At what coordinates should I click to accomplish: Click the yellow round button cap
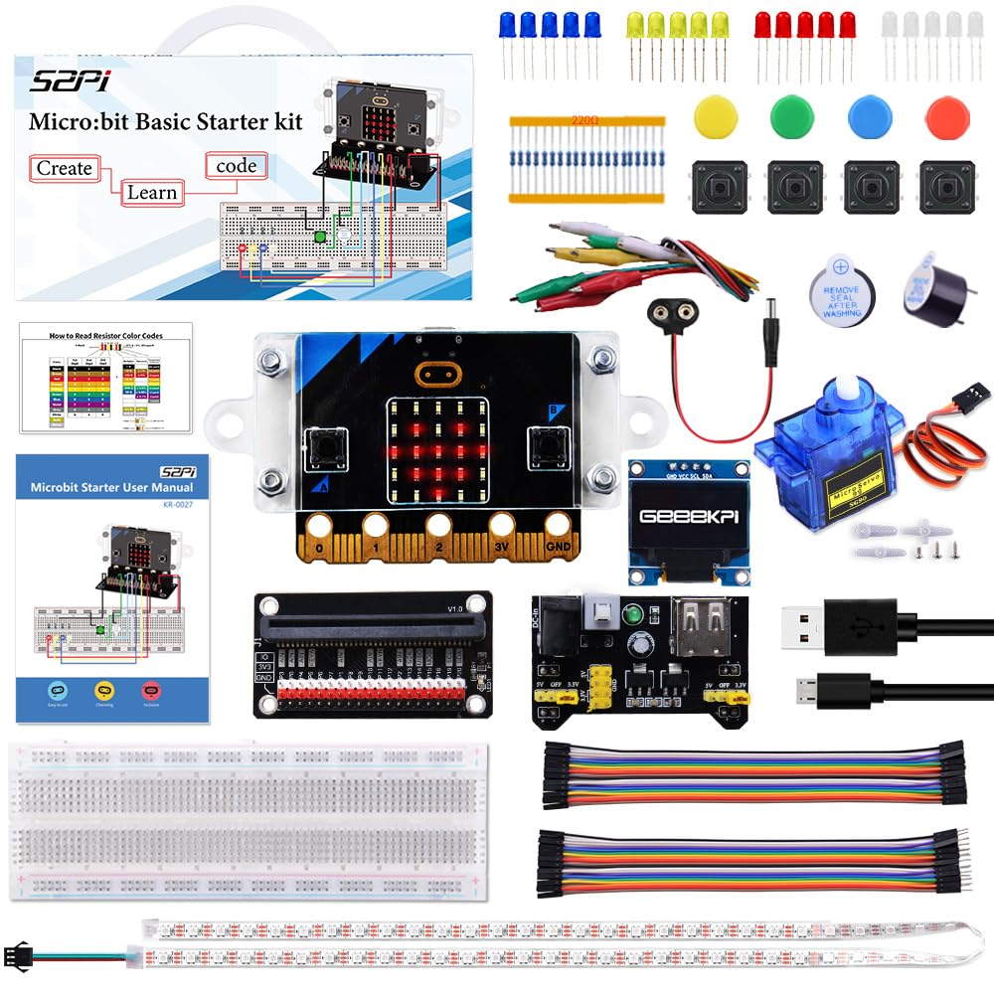tap(715, 117)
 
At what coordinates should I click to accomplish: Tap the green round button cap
tap(792, 117)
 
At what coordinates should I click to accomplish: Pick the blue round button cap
tap(870, 117)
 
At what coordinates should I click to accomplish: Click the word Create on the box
tap(64, 168)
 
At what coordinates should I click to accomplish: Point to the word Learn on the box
tap(151, 192)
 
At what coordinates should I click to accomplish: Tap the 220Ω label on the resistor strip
tap(584, 120)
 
